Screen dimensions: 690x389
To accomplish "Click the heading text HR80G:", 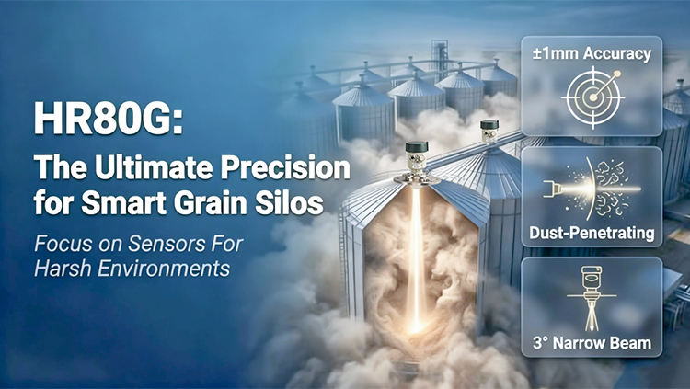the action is [x=108, y=119].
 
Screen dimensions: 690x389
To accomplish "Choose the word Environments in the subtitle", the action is [x=164, y=268].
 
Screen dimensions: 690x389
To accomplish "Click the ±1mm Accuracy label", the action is [x=592, y=53].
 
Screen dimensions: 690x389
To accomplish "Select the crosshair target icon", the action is [x=592, y=97].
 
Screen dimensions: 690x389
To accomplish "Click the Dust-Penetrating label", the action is [x=592, y=233].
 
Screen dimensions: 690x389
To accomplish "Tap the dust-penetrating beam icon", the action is [x=592, y=189].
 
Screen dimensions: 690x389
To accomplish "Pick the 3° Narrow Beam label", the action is [x=592, y=343].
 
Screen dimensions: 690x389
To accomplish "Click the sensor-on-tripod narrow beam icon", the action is [x=592, y=297].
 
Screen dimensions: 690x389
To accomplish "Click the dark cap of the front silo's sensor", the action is [x=417, y=146].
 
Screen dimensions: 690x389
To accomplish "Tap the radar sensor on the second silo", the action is [x=489, y=131].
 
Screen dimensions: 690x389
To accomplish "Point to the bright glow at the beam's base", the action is [x=416, y=325].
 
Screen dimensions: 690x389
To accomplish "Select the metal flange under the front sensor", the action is [x=417, y=178].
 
